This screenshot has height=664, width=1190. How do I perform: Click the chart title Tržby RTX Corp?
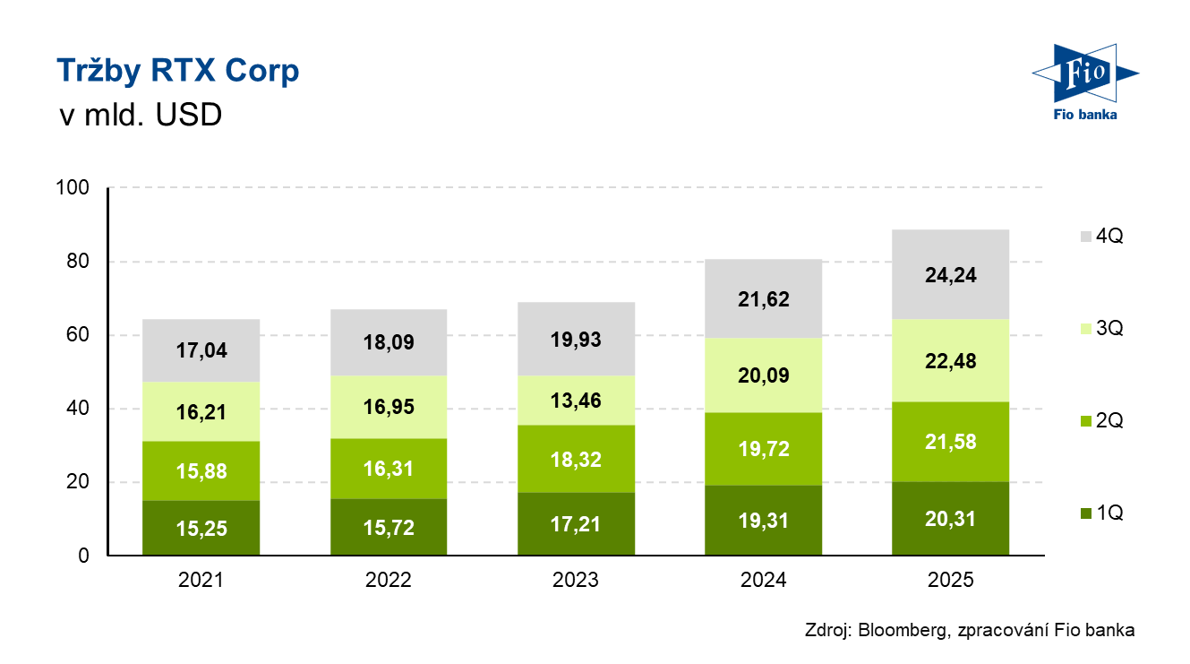point(177,71)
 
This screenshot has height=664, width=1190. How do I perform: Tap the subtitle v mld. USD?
point(140,116)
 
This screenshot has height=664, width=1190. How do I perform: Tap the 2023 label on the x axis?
point(576,580)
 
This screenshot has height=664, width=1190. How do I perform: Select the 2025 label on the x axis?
point(951,580)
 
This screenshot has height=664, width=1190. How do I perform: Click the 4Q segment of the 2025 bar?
point(951,274)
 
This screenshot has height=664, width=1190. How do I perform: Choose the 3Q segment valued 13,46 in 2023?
point(576,400)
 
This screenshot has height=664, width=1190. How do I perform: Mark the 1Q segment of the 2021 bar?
point(201,528)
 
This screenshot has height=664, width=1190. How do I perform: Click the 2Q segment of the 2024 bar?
point(764,449)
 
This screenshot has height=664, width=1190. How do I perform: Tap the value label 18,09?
point(389,343)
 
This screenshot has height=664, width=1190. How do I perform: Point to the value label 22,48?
point(951,361)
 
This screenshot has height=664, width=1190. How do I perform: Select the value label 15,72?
point(389,529)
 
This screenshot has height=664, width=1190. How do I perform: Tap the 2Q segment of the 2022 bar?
point(389,469)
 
